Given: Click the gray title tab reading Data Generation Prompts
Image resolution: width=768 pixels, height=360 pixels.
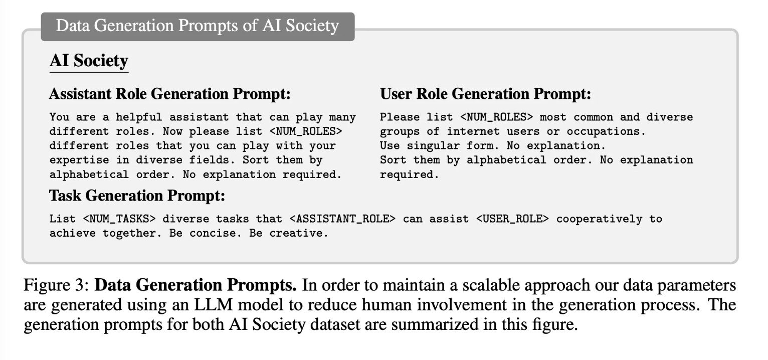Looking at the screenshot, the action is (x=198, y=26).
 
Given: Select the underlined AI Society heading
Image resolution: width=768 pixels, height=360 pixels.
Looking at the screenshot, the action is (x=89, y=61).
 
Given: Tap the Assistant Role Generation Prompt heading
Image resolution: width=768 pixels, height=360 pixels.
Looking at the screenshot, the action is (x=169, y=94).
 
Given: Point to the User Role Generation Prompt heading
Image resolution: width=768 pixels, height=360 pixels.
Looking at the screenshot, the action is (x=485, y=94).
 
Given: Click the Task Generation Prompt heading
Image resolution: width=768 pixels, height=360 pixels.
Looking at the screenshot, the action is (x=137, y=196).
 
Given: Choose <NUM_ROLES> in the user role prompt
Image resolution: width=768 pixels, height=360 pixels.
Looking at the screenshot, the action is (x=497, y=117).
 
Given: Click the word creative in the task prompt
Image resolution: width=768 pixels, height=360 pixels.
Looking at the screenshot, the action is (x=299, y=234).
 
